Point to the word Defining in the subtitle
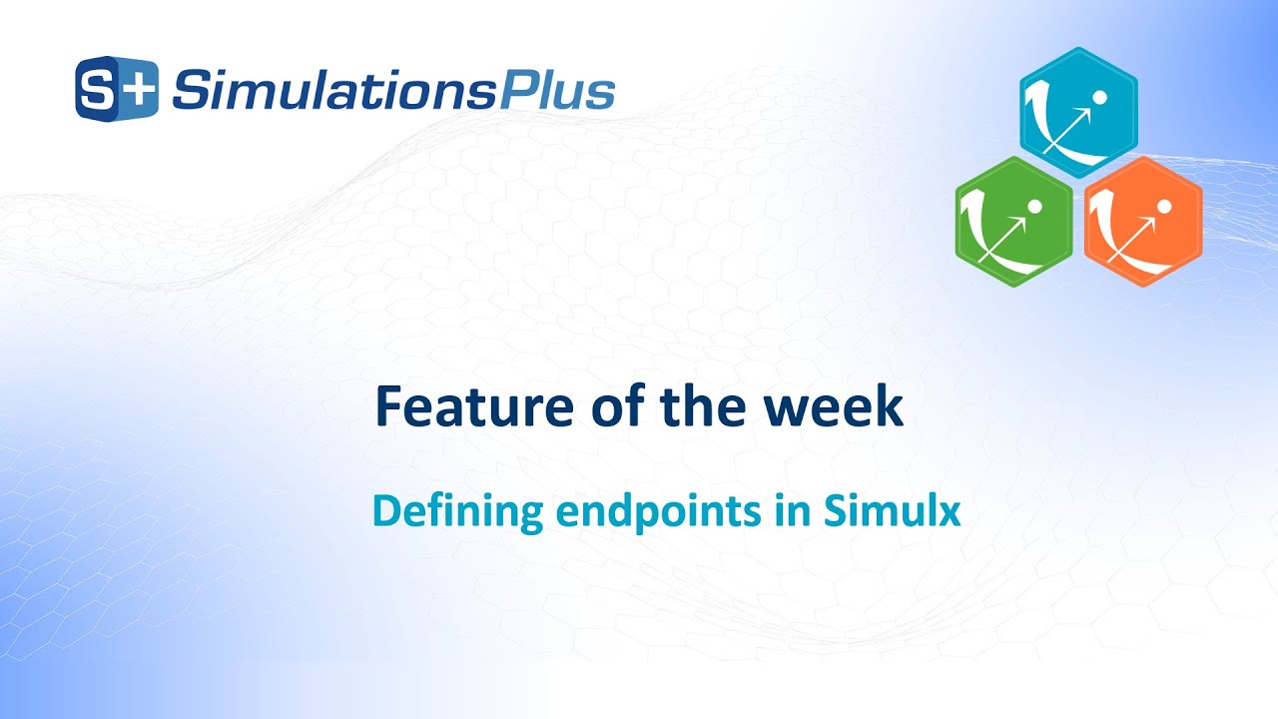click(458, 512)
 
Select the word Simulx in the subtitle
click(893, 511)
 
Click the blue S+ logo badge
click(117, 89)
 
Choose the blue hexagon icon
click(1078, 112)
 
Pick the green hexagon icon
click(1014, 222)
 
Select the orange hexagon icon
click(1143, 222)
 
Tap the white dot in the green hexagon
click(1034, 207)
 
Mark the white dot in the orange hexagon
click(1163, 207)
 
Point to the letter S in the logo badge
click(99, 90)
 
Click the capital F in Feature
click(389, 407)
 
